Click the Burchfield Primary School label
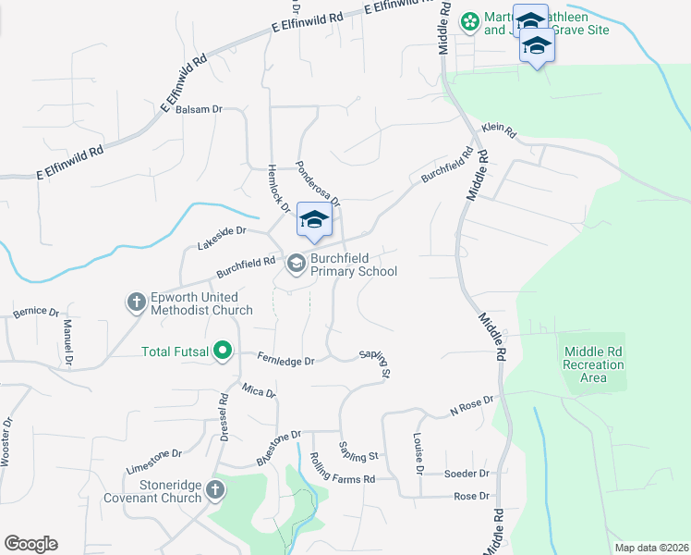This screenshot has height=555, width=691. point(354,265)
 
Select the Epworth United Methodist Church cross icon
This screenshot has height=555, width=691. point(136,302)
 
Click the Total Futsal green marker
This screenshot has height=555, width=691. point(223,351)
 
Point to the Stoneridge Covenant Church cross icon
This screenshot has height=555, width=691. point(214,490)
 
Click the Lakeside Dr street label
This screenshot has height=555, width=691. point(222,238)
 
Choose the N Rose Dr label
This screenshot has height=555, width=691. point(472,404)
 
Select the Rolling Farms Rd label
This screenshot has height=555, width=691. point(342,469)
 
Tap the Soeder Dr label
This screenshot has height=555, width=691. point(466,473)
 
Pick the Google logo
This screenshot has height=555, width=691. point(30,544)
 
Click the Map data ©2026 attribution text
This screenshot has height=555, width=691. point(651,548)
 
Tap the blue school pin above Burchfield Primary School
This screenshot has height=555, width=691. point(314,220)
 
